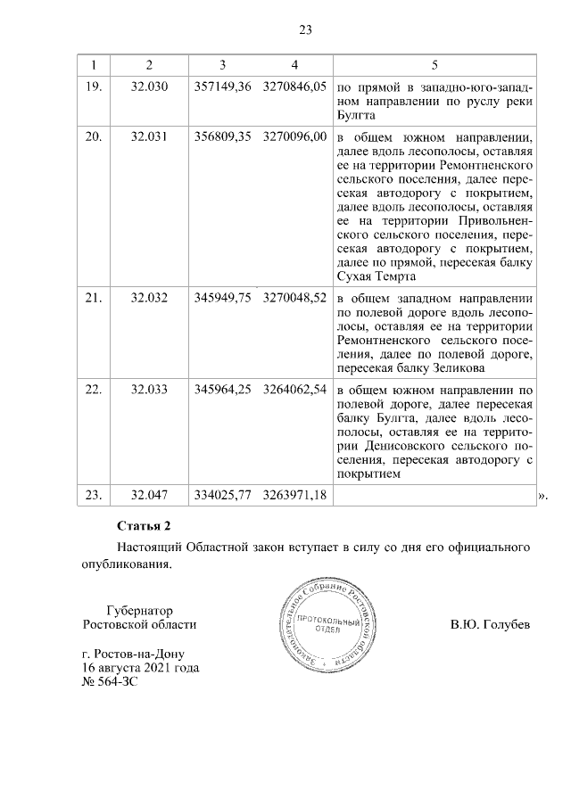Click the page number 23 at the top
pyautogui.click(x=304, y=30)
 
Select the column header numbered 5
pyautogui.click(x=434, y=65)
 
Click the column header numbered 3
pyautogui.click(x=222, y=65)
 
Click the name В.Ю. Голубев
pyautogui.click(x=490, y=624)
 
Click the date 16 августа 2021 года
pyautogui.click(x=140, y=667)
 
